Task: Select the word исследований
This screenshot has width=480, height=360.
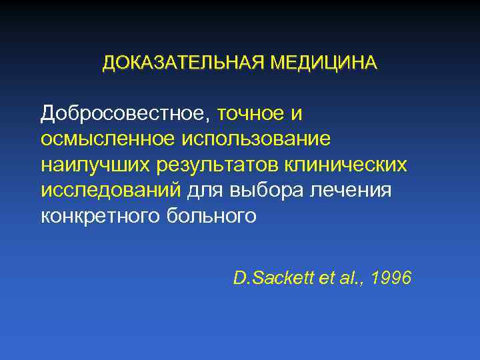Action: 111,191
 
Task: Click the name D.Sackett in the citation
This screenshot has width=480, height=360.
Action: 270,277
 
